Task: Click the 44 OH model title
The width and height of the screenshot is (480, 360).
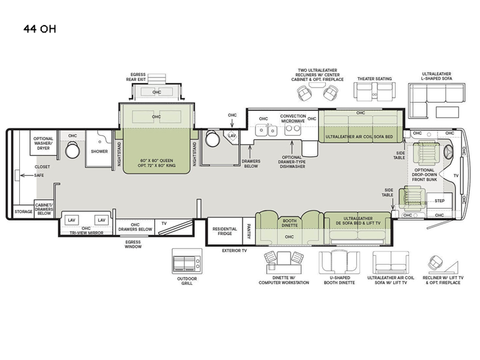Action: point(40,29)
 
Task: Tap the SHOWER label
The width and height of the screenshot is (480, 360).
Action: point(99,152)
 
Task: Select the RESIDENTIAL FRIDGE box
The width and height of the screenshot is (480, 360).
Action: point(225,231)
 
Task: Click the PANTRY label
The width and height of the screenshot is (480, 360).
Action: point(248,231)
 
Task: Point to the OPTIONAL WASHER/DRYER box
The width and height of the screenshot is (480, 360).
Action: point(43,143)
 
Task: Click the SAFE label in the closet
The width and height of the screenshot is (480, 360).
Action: point(39,175)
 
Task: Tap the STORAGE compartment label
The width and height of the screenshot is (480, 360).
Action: point(23,212)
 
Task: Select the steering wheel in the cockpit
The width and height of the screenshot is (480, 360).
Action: point(448,152)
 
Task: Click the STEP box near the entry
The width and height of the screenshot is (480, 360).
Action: point(440,200)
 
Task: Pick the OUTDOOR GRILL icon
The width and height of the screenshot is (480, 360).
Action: point(187,261)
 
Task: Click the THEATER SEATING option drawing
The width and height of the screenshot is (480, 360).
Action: point(374,91)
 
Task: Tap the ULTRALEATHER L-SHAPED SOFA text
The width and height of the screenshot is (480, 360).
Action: point(437,76)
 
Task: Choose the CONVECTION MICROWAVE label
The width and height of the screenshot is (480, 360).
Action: point(293,118)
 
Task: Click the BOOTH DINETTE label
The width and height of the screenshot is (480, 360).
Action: point(290,223)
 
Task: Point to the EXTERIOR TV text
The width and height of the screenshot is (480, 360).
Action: point(234,251)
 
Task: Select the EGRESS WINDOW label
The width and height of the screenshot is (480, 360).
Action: point(133,244)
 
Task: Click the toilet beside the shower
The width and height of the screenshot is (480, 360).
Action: point(73,149)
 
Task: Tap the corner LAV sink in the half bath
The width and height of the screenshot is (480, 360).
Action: point(232,136)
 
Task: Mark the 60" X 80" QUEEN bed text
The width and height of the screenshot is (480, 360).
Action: point(157,160)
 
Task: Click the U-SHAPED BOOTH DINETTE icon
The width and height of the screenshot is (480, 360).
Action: point(339,263)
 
